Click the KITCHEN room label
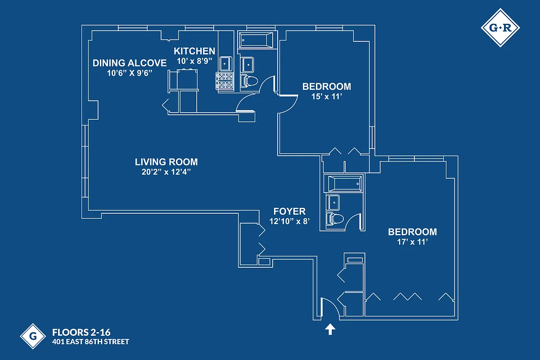pyautogui.click(x=194, y=51)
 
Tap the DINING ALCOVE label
pyautogui.click(x=130, y=63)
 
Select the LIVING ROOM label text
pyautogui.click(x=166, y=162)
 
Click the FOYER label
pyautogui.click(x=290, y=211)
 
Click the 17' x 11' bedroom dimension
pyautogui.click(x=412, y=242)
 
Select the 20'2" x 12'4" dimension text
pyautogui.click(x=166, y=171)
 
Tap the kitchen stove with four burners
pyautogui.click(x=225, y=81)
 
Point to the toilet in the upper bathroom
pyautogui.click(x=249, y=81)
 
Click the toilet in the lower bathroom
pyautogui.click(x=335, y=219)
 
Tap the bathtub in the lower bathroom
pyautogui.click(x=344, y=183)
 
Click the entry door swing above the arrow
pyautogui.click(x=328, y=308)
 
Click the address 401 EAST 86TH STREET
pyautogui.click(x=90, y=342)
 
